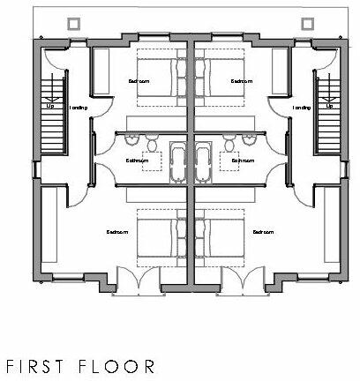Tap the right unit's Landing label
point(302,108)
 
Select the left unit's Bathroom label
point(137,161)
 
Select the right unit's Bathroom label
point(243,161)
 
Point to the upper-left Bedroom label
point(138,81)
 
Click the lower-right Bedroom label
point(262,232)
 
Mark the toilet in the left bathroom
point(153,144)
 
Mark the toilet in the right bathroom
point(229,144)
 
